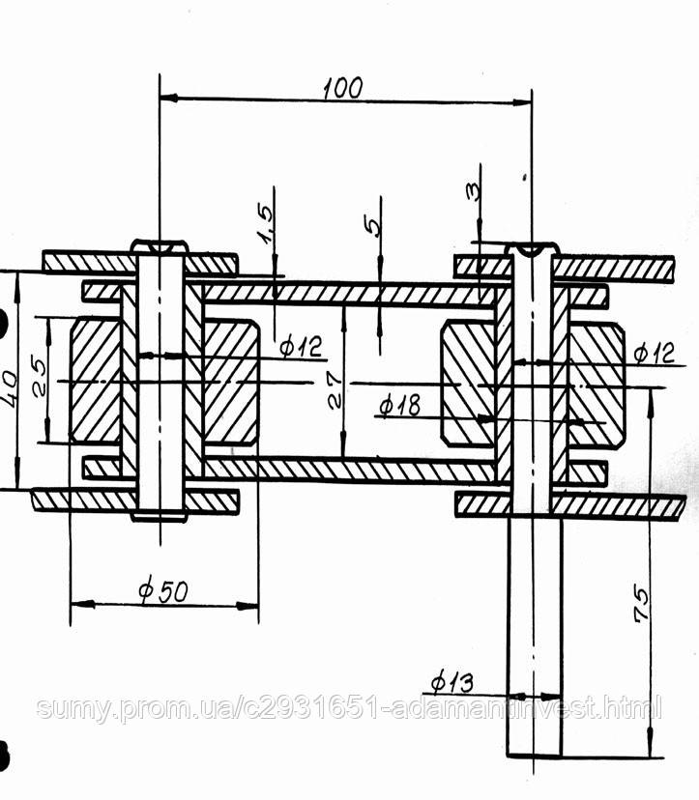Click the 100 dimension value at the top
click(343, 88)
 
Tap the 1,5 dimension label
click(266, 223)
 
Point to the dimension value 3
click(473, 191)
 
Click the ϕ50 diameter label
click(163, 590)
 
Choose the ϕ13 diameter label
click(451, 683)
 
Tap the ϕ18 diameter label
click(401, 405)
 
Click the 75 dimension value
click(641, 605)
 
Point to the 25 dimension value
click(39, 379)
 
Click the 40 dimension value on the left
click(10, 387)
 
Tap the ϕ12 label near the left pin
click(302, 347)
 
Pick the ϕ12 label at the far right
click(654, 353)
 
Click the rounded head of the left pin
click(160, 246)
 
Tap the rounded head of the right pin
click(532, 248)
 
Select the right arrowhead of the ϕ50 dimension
click(248, 606)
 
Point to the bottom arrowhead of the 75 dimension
click(650, 747)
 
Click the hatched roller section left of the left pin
click(95, 380)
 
